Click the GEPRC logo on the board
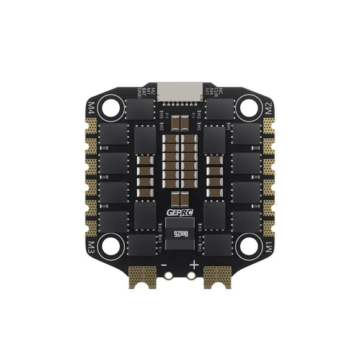(179, 213)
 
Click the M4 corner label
(94, 104)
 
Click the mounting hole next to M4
(112, 109)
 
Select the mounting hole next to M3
(112, 243)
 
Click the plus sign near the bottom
(194, 264)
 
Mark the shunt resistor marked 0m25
(179, 232)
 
